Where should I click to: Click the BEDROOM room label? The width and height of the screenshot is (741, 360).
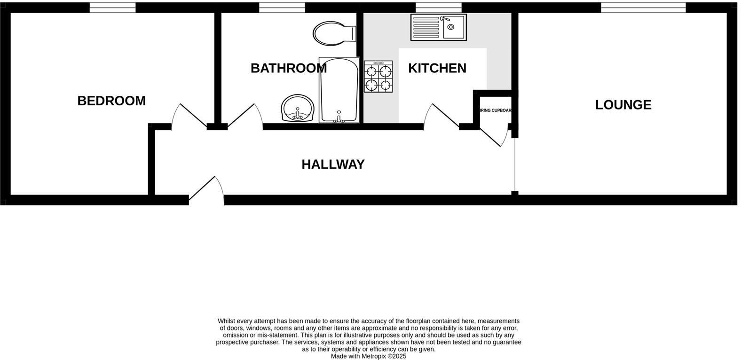click(111, 101)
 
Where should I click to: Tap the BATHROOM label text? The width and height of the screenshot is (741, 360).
click(288, 68)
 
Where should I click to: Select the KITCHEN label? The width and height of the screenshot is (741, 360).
click(437, 68)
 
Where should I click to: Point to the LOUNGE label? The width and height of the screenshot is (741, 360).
click(623, 105)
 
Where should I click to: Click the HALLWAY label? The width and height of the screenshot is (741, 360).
click(333, 164)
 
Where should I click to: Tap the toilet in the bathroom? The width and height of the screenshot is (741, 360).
click(334, 33)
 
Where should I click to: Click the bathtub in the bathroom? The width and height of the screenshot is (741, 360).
click(339, 90)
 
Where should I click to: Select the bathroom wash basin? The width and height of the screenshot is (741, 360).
click(297, 109)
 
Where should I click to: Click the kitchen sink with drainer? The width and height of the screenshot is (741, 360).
click(438, 27)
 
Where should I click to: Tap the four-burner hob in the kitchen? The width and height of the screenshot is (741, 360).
click(378, 77)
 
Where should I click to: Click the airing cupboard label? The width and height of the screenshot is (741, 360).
click(495, 110)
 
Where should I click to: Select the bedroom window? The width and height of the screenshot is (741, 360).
click(113, 8)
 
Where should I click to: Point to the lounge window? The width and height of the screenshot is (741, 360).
click(643, 8)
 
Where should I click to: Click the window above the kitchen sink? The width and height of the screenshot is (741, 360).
click(438, 8)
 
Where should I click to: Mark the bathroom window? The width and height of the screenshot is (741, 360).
click(282, 8)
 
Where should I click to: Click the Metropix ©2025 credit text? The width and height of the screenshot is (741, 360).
click(368, 356)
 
